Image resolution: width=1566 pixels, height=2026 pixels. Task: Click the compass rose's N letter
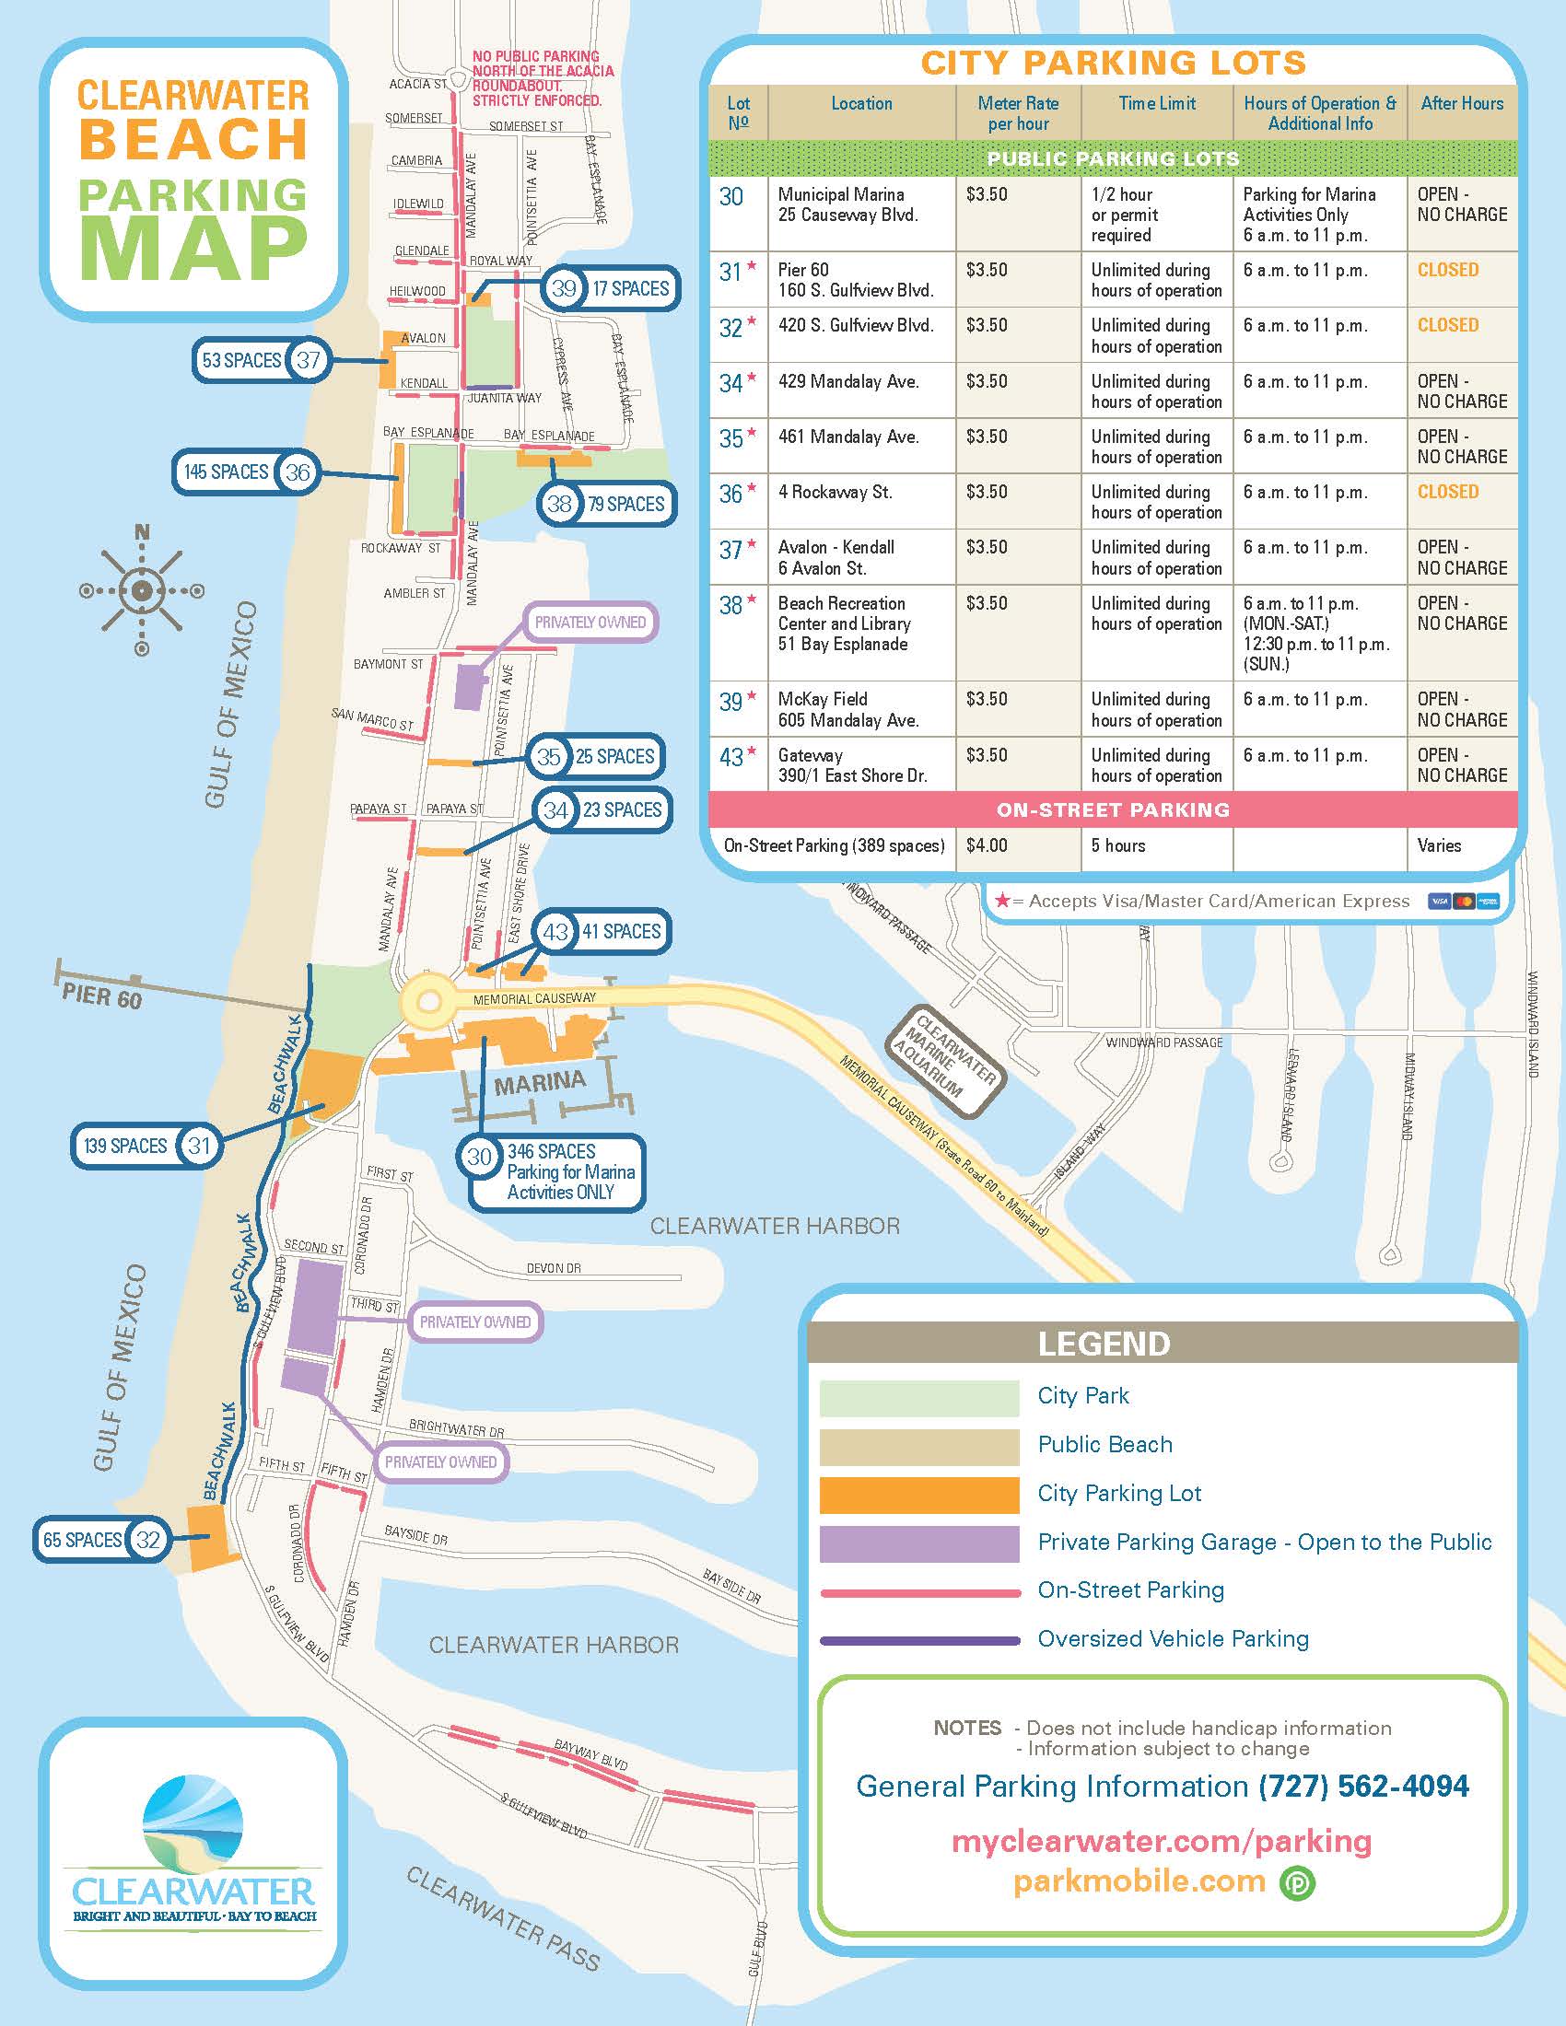tap(141, 532)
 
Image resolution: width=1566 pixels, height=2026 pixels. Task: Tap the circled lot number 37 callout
tap(308, 360)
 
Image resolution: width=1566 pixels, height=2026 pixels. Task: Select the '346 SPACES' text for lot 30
tap(551, 1151)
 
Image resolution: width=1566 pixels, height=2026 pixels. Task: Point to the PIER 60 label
tap(102, 997)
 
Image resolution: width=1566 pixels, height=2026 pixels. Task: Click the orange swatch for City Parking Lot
tap(918, 1495)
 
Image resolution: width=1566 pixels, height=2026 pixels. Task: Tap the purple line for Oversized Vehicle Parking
tap(918, 1640)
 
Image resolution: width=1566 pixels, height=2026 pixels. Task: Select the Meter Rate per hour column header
tap(1018, 113)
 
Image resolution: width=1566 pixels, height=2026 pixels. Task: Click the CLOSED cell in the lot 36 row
tap(1447, 492)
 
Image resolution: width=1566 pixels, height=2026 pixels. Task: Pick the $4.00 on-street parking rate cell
tap(987, 845)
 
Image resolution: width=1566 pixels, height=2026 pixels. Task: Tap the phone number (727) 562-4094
tap(1363, 1786)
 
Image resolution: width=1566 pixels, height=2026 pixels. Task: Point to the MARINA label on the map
tap(540, 1083)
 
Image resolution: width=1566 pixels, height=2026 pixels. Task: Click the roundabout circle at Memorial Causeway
tap(428, 1002)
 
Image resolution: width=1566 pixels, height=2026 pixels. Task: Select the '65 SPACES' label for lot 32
tap(83, 1540)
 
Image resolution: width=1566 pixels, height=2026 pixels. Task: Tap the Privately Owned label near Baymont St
tap(590, 622)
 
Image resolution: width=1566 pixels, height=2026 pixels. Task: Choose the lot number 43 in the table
tap(732, 757)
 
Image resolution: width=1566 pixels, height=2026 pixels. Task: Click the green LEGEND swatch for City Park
tap(918, 1398)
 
